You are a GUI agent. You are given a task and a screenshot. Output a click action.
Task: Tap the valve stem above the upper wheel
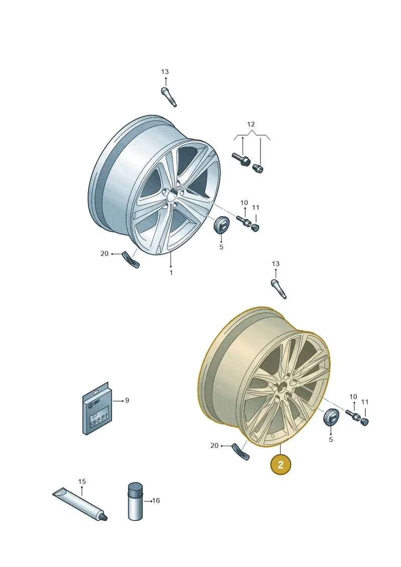pos(169,97)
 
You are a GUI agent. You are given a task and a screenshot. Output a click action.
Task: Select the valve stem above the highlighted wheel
pos(279,289)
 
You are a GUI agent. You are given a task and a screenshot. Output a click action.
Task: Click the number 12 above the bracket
pos(251,124)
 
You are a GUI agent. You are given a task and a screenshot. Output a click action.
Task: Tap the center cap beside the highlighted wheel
pos(330,417)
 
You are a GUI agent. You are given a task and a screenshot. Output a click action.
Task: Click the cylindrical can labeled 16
pos(136,502)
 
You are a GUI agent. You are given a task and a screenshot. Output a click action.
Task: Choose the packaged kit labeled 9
pos(97,409)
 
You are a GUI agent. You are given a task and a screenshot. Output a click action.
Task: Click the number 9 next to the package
pos(127,400)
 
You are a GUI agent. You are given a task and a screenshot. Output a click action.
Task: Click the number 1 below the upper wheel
pos(171,272)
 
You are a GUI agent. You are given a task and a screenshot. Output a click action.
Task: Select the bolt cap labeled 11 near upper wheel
pos(255,228)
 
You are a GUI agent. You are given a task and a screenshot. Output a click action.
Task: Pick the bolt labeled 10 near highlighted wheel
pos(352,414)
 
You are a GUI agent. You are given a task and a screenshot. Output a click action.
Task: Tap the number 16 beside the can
pos(156,500)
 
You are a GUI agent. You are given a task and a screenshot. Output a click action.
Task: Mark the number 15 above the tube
pos(82,481)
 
